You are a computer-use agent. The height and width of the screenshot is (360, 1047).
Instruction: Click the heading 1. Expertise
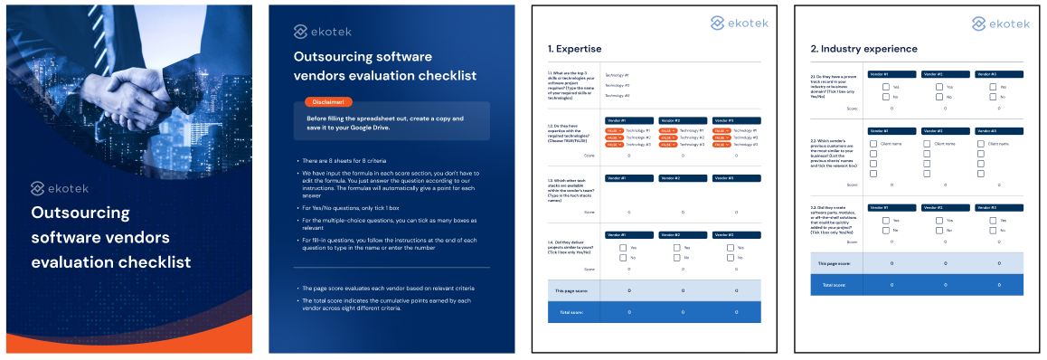coord(574,49)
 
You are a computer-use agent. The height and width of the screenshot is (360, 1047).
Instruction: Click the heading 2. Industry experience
coord(863,49)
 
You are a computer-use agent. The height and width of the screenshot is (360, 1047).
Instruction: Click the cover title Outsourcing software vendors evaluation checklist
coord(111,238)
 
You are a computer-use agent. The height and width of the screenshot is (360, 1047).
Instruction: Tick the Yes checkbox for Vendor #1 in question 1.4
coord(623,247)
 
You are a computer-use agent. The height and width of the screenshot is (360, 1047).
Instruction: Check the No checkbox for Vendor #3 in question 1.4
coord(730,258)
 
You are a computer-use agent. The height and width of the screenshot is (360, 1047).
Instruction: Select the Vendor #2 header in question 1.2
coord(683,120)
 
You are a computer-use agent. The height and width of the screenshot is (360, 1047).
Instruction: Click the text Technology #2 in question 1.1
coord(617,85)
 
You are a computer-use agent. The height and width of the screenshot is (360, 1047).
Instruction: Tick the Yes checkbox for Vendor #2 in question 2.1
coord(939,87)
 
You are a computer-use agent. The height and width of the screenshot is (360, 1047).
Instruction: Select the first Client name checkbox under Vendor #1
coord(872,143)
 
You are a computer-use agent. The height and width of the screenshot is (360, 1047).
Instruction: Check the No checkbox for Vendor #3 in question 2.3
coord(993,230)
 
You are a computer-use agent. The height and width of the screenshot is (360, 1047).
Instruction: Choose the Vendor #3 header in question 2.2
coord(999,130)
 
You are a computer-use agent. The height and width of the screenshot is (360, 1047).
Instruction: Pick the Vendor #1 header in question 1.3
coord(628,177)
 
